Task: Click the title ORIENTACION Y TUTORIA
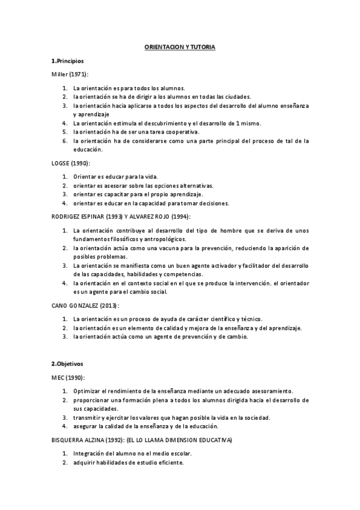[180, 46]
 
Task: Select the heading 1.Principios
[67, 61]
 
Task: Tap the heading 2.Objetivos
[68, 364]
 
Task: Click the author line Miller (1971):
[69, 74]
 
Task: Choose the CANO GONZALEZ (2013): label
[85, 306]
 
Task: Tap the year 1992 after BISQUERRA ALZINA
[106, 440]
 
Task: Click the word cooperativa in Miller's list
[186, 131]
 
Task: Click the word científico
[219, 319]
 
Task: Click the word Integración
[91, 453]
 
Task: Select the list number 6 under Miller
[64, 141]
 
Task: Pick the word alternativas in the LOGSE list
[192, 186]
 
